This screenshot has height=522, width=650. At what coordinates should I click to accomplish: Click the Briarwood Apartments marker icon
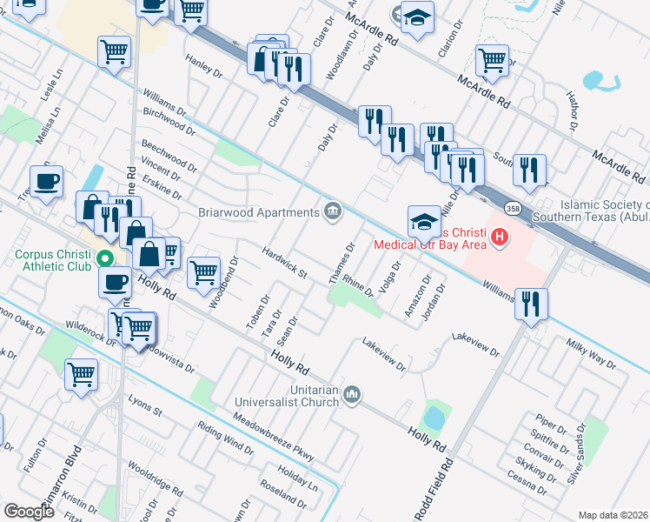pos(333,211)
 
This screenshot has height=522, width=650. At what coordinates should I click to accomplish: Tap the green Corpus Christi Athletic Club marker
pos(103,258)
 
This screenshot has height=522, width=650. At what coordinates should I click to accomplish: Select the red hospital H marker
pos(499,236)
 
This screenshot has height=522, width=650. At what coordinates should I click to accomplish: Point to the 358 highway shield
pos(514,209)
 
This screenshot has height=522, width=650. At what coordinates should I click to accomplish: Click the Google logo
pos(29,511)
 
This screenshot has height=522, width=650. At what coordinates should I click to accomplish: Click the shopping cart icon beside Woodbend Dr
pos(203,271)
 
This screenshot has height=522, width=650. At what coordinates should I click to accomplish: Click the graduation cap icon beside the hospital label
pos(423,220)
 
